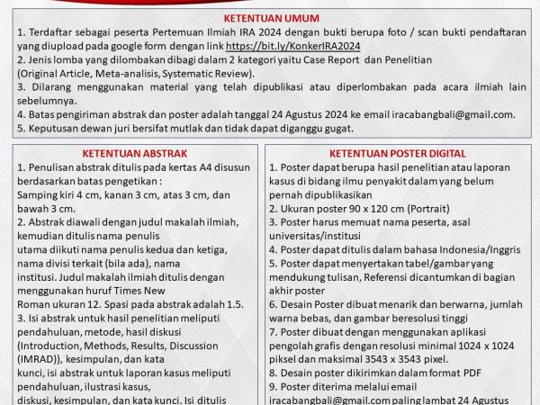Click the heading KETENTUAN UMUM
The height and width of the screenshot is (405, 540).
[269, 15]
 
